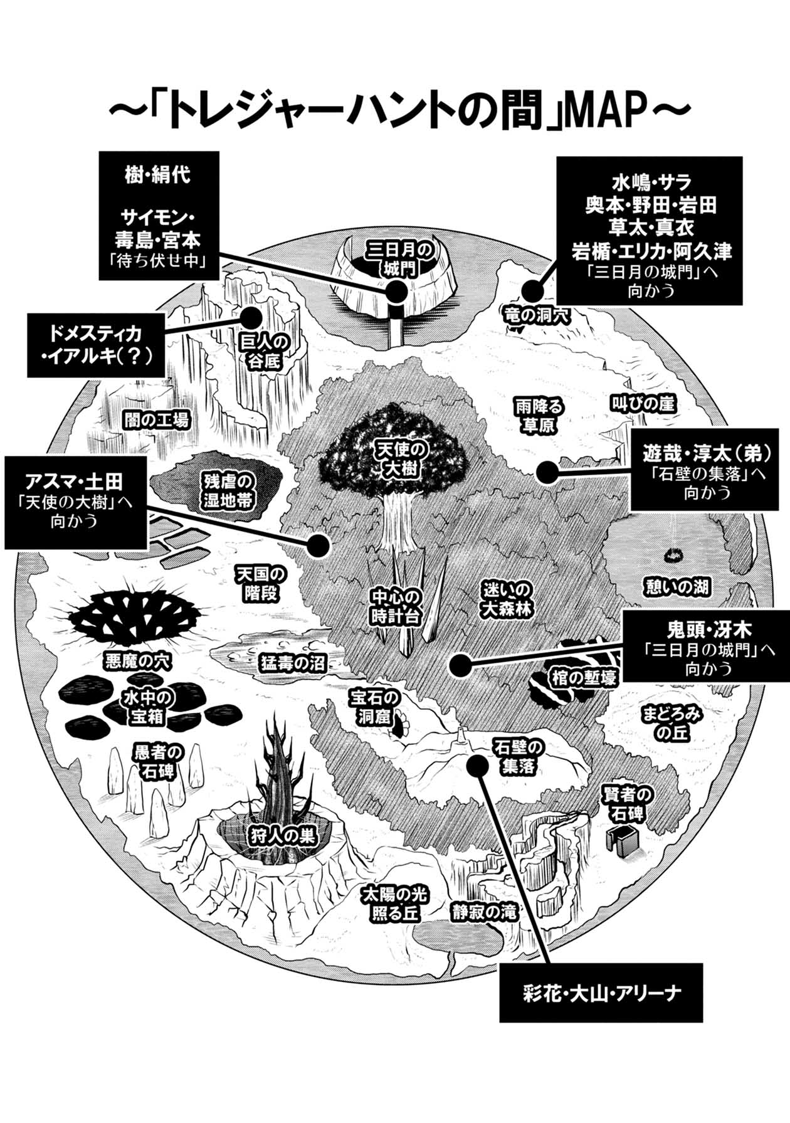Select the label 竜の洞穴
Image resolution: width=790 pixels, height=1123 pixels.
tap(537, 315)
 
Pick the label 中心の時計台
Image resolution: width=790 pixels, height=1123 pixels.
tap(395, 606)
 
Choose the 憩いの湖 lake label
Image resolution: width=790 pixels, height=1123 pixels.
tap(677, 587)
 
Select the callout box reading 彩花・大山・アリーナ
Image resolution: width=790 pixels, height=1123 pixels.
tap(601, 993)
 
